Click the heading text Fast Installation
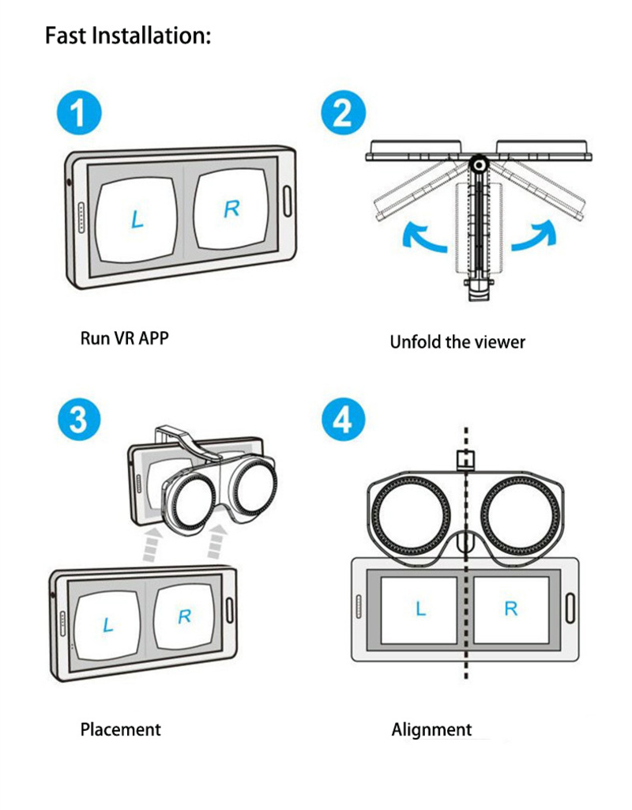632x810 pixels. coord(128,36)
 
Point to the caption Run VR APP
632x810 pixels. coord(125,338)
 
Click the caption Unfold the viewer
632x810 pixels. coord(457,342)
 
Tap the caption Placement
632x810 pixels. coord(120,729)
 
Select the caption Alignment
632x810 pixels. coord(431,729)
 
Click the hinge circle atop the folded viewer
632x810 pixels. coord(476,164)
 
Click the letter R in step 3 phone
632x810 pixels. coord(184,616)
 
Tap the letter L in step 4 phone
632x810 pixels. coord(420,608)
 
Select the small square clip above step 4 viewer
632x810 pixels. coord(465,458)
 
